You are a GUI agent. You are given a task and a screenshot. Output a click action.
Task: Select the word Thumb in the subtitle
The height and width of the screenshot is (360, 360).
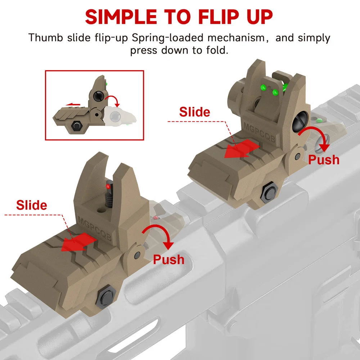point(46,37)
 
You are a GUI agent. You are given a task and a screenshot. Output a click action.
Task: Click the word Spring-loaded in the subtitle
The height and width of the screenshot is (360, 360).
point(168,38)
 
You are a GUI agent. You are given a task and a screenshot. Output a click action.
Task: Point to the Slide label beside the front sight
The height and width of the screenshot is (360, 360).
point(32,205)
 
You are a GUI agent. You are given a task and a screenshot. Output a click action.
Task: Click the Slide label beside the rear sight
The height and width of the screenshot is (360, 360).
point(195,112)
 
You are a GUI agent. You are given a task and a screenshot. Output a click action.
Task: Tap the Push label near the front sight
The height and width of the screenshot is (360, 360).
point(169,260)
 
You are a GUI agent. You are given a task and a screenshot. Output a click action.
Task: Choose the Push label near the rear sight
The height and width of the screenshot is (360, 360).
point(324,160)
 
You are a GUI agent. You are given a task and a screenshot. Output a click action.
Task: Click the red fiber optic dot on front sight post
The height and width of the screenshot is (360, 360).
point(107,185)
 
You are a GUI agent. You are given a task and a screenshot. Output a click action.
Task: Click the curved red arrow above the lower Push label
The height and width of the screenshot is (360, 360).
point(161,235)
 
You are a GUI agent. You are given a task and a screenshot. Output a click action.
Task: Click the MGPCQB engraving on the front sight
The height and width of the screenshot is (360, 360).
point(95,228)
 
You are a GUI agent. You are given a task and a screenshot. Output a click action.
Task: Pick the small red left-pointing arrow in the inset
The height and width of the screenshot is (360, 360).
point(73,105)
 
